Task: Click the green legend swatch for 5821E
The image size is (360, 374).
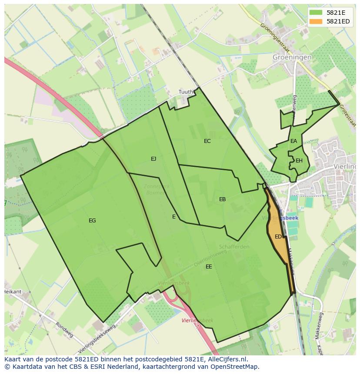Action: coord(316,13)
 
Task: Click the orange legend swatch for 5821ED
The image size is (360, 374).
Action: coord(316,21)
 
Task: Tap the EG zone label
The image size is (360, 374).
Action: coord(92,221)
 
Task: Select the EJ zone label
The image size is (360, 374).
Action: coord(153,159)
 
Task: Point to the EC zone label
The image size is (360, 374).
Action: coord(207,141)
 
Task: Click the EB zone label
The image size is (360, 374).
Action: coord(223,199)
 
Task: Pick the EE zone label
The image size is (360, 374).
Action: coord(209,267)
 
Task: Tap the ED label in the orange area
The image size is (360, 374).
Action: coord(278,237)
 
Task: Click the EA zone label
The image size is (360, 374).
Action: coord(294,141)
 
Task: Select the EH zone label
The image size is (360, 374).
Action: coord(299,161)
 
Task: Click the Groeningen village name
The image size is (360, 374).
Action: coord(292,57)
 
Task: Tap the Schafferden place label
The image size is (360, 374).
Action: coord(234,247)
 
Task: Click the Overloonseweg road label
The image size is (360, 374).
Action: coord(211,258)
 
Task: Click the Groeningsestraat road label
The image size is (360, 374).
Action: coord(275,38)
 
